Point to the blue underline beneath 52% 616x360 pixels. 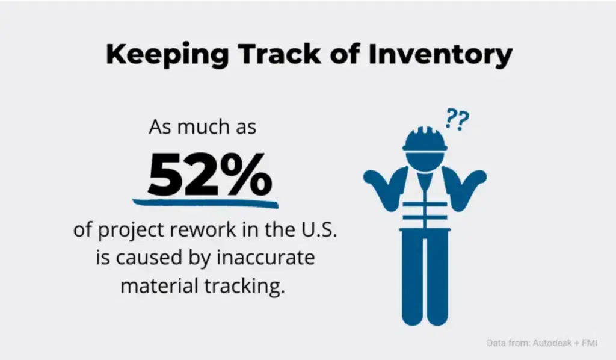(x=205, y=202)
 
